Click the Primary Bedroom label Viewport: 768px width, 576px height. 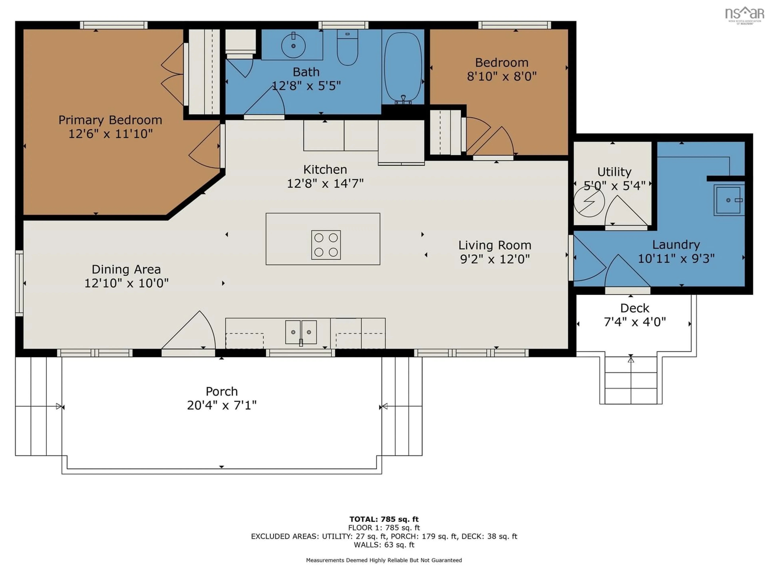pyautogui.click(x=110, y=120)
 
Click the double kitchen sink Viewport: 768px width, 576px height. pyautogui.click(x=301, y=332)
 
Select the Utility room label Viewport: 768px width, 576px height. pyautogui.click(x=614, y=172)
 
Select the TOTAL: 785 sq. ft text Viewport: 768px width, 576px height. pyautogui.click(x=384, y=519)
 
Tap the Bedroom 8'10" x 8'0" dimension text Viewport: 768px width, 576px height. pyautogui.click(x=501, y=76)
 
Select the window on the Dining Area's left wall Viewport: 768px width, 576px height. pyautogui.click(x=19, y=283)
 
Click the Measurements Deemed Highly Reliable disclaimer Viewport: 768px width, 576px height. pyautogui.click(x=384, y=560)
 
